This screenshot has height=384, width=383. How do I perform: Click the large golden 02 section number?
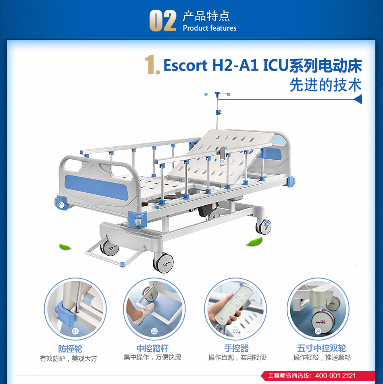click(x=163, y=21)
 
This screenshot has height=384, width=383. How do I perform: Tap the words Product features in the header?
click(x=210, y=28)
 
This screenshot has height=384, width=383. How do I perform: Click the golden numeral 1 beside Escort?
click(x=151, y=65)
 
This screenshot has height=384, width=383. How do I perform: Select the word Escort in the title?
click(x=185, y=65)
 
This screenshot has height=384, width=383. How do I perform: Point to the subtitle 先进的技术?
click(x=326, y=85)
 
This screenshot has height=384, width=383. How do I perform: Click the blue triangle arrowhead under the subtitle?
click(x=358, y=99)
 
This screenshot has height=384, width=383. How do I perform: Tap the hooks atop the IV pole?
click(x=217, y=94)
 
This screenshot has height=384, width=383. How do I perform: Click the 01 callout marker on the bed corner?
click(x=61, y=205)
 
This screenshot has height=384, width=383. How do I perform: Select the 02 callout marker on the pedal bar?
click(x=123, y=265)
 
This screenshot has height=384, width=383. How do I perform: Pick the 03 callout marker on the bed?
click(x=222, y=162)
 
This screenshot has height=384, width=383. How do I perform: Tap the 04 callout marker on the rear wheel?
click(x=266, y=224)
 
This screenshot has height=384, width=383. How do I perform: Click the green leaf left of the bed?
click(x=65, y=246)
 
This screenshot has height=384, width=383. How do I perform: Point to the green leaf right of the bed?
click(x=254, y=242)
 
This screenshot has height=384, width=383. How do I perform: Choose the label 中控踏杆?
click(x=152, y=348)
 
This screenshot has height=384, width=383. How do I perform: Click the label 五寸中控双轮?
click(x=322, y=348)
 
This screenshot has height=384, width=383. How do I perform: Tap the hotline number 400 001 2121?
click(x=335, y=376)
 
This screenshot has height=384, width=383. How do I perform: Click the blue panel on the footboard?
click(x=96, y=187)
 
